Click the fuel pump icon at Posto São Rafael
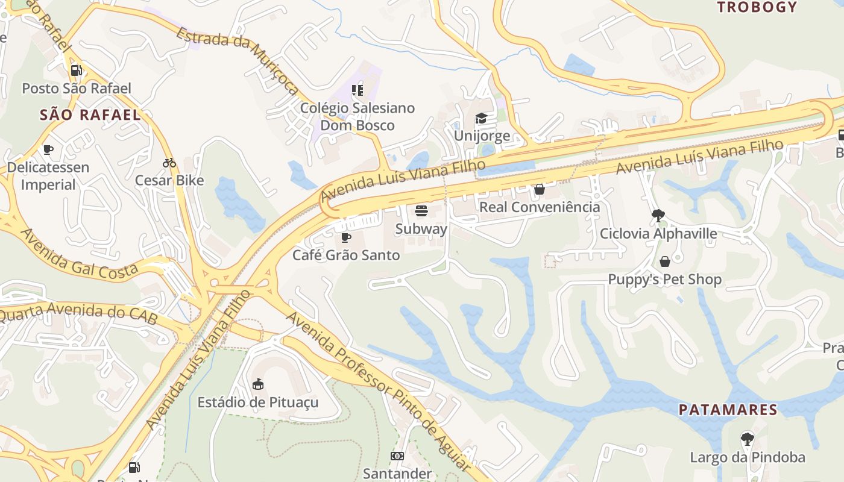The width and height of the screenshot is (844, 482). click(76, 70)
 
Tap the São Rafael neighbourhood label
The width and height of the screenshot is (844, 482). click(90, 115)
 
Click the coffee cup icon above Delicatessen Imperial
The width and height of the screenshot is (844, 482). click(48, 149)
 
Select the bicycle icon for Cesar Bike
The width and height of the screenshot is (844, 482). click(169, 163)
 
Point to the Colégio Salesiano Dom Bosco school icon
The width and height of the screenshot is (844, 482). click(357, 90)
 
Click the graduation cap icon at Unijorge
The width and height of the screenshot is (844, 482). click(481, 118)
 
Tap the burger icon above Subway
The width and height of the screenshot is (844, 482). click(421, 211)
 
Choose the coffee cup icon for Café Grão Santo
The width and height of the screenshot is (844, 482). click(346, 237)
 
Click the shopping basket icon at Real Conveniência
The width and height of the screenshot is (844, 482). click(540, 189)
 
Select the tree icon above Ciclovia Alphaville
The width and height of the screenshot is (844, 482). click(658, 215)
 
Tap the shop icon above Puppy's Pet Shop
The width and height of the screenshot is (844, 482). click(664, 261)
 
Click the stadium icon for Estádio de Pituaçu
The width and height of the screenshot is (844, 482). click(258, 384)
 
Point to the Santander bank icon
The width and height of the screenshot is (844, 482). click(397, 456)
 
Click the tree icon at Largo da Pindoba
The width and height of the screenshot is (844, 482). click(747, 439)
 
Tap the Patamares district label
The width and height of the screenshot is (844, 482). click(728, 410)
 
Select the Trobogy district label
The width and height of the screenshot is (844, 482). click(757, 7)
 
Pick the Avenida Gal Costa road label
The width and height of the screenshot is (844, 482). click(81, 254)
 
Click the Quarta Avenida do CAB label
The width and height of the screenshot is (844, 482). click(79, 313)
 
